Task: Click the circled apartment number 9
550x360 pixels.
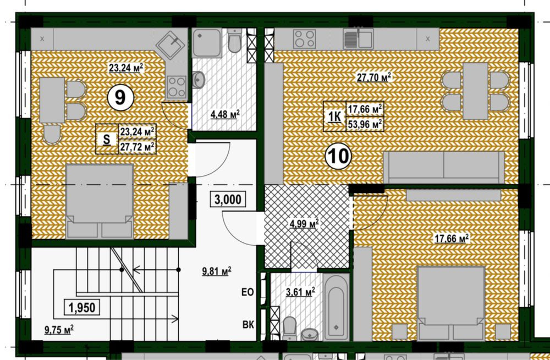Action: click(120, 98)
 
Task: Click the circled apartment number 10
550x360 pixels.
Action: click(338, 156)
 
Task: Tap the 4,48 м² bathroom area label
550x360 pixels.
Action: click(225, 115)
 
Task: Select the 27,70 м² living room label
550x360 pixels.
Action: click(374, 77)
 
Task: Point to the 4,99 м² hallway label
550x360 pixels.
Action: click(304, 223)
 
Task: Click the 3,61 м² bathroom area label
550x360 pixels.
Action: click(300, 292)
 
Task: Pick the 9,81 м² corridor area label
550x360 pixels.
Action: click(216, 271)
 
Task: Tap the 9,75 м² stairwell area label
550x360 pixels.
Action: click(59, 330)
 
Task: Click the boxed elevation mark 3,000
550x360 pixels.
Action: click(228, 200)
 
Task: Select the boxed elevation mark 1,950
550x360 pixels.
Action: click(82, 307)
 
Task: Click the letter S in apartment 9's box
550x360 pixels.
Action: click(107, 140)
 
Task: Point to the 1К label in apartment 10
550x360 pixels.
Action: click(334, 117)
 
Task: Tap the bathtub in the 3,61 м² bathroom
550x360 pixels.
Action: click(336, 307)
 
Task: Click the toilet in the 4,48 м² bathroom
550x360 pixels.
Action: click(235, 40)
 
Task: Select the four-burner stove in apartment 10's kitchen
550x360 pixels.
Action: click(304, 38)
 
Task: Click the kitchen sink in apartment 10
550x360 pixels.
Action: click(358, 38)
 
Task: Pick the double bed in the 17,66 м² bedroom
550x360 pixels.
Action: click(451, 303)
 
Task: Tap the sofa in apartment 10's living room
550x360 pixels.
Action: click(444, 167)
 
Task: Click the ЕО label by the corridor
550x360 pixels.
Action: click(248, 292)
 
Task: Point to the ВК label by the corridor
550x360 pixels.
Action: click(248, 325)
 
